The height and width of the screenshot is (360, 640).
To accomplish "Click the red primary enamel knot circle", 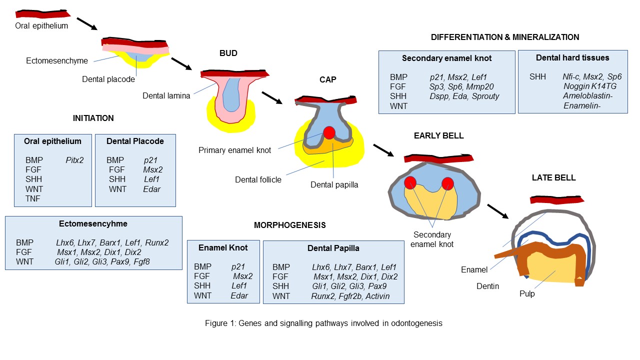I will point(329,132).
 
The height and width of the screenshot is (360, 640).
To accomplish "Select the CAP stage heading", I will point(328,80).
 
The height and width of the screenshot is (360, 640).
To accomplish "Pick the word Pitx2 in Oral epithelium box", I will point(74,160).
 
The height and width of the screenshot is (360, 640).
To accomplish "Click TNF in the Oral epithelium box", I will point(32,198).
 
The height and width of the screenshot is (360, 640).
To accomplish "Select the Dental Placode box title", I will point(135,141).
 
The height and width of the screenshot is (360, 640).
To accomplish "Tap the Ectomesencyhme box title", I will point(93,223).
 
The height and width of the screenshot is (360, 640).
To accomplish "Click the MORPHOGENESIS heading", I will point(290,225).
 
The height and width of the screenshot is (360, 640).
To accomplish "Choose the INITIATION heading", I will point(93,118).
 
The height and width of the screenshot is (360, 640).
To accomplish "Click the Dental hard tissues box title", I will point(572,58).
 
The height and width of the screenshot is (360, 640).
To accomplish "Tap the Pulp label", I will point(526,294).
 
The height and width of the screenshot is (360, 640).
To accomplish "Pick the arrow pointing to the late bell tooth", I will point(498,211).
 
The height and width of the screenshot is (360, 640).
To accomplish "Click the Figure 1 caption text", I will point(323,323).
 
